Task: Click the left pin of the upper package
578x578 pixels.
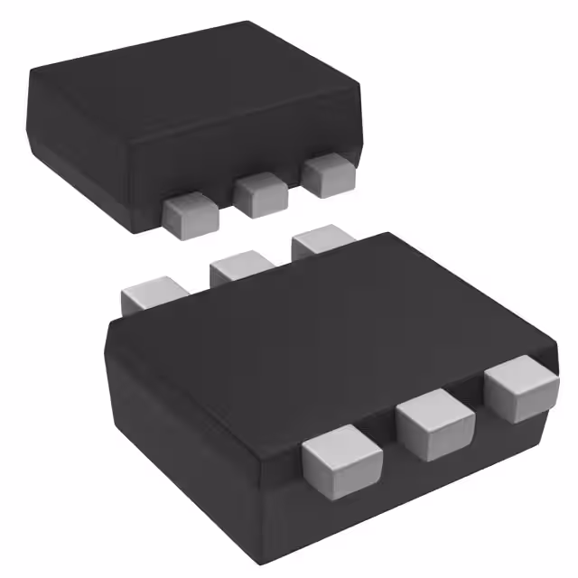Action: click(191, 213)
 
